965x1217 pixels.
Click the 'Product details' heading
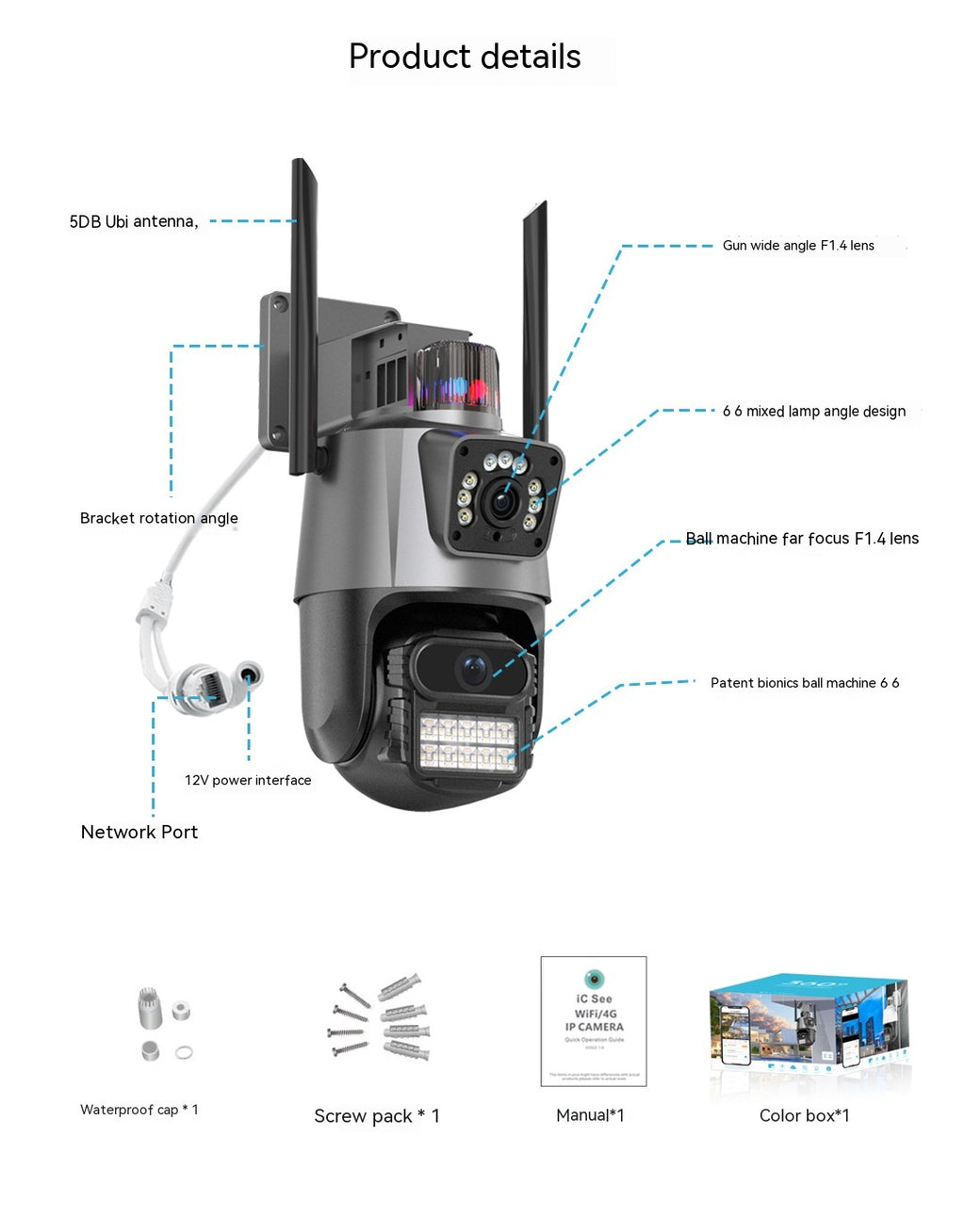click(x=465, y=57)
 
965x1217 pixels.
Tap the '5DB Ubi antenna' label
click(x=133, y=221)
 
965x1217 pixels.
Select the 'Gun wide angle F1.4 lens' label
click(x=797, y=246)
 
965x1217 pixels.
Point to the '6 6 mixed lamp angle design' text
click(x=813, y=412)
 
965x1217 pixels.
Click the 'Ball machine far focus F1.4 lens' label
click(x=801, y=539)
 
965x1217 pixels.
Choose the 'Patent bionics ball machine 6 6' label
click(x=804, y=683)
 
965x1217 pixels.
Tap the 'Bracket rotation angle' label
click(x=158, y=518)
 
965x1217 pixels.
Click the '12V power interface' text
click(x=247, y=780)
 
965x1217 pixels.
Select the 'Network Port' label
click(x=139, y=832)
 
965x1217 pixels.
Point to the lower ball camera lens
click(x=473, y=669)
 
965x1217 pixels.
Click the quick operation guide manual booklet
click(x=594, y=1021)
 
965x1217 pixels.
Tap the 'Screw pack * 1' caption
click(x=376, y=1116)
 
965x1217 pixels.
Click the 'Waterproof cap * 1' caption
click(x=139, y=1110)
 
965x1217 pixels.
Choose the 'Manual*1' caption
click(x=590, y=1115)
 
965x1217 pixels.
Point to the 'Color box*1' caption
click(x=804, y=1115)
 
